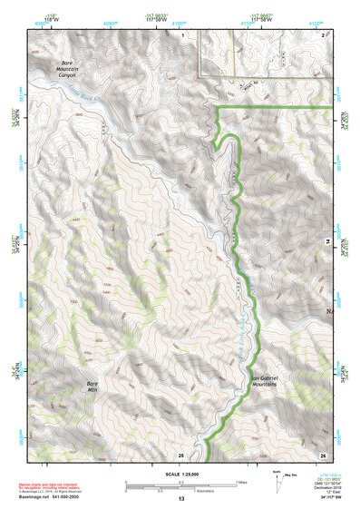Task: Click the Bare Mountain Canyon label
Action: coord(63,69)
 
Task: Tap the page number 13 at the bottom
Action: coord(180,500)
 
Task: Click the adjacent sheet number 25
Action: coord(180,454)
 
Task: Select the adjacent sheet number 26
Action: coord(322,454)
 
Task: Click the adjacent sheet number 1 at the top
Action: coord(182,34)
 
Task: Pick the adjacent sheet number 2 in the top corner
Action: coord(324,34)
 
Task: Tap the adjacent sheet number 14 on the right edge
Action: coord(328,241)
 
